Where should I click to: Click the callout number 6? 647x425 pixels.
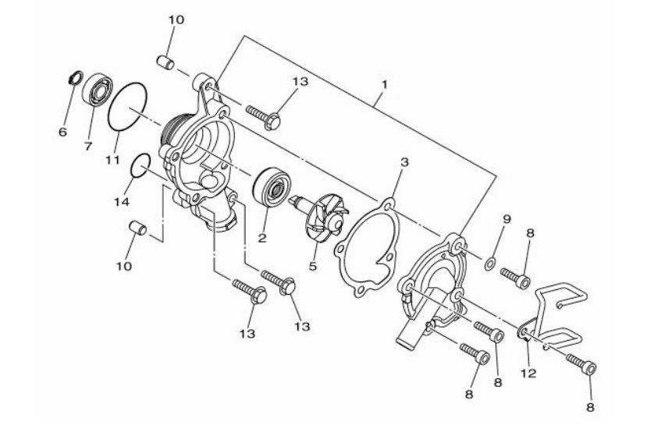62,132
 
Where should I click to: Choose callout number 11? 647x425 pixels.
112,159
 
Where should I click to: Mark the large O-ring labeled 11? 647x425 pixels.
128,108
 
